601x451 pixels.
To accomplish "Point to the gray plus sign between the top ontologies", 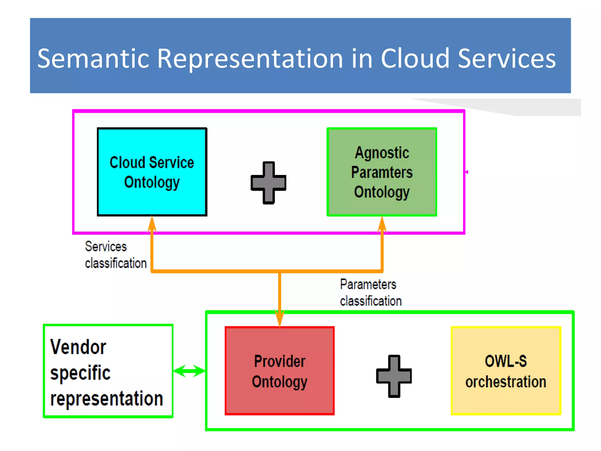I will point(268,183).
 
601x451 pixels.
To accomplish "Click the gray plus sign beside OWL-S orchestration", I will point(394,376).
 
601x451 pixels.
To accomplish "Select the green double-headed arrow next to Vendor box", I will point(189,371).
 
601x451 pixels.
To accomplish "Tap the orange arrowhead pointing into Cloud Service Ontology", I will point(152,225).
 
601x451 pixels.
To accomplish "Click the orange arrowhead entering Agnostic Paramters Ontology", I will point(382,225).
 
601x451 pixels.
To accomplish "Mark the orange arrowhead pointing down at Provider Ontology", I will point(279,319).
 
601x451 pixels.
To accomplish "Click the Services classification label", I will point(116,255).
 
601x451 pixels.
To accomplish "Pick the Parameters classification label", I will point(370,293).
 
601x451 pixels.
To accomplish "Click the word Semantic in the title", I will point(93,59).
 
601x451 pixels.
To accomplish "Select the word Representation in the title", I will point(250,59).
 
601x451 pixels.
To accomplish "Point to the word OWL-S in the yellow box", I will point(506,361).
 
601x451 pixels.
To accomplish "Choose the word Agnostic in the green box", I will point(382,153).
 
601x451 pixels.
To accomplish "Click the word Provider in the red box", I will point(279,361).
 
